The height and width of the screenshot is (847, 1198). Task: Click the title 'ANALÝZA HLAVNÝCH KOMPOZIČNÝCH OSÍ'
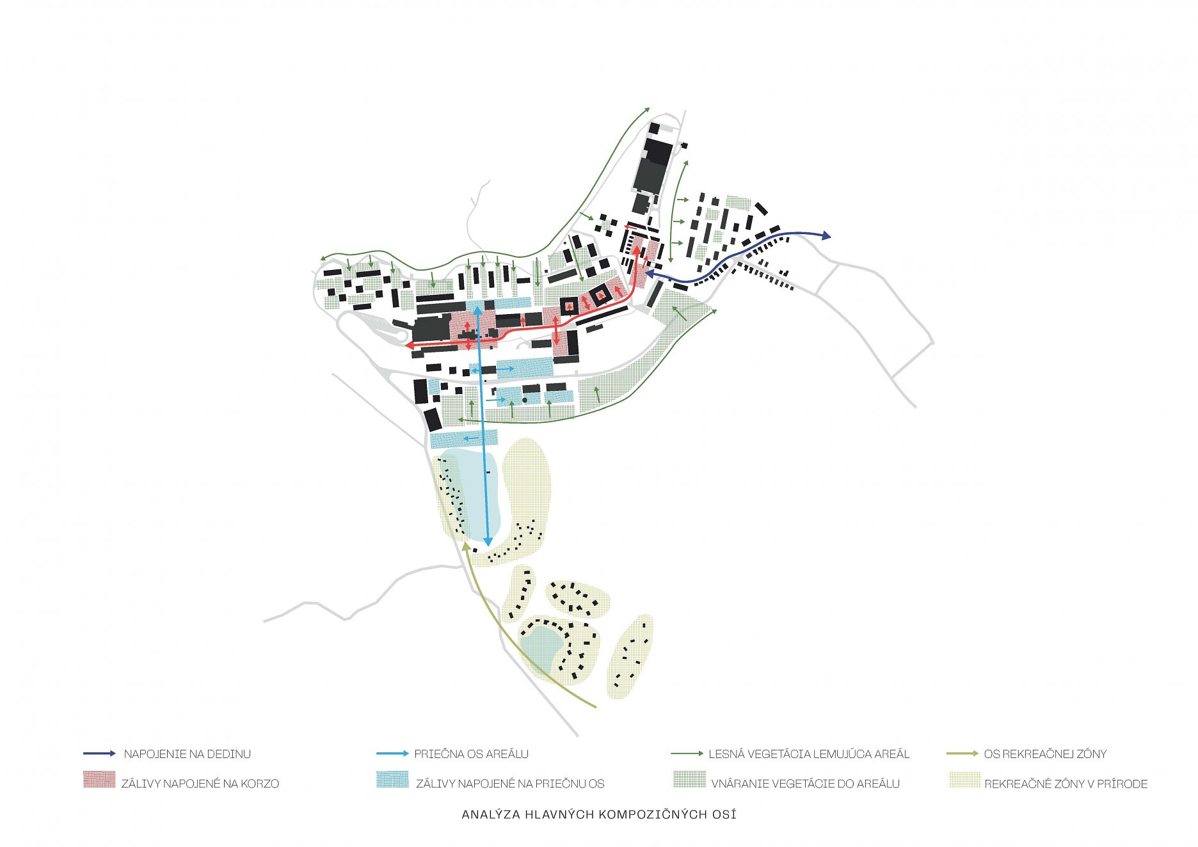[599, 814]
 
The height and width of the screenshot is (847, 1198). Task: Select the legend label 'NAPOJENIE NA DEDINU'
[188, 754]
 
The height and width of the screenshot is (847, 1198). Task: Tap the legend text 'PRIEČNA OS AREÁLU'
[472, 754]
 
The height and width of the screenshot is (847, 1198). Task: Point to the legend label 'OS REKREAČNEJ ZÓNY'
[1046, 754]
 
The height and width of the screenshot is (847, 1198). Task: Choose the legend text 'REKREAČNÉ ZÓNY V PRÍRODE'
[1066, 784]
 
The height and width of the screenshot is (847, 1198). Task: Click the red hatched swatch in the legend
[99, 780]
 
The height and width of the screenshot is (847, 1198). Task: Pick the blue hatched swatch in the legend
[392, 780]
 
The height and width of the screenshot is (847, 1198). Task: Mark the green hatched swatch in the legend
[689, 780]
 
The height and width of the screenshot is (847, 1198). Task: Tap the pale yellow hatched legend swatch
[964, 780]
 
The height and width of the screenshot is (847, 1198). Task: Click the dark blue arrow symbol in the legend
[100, 754]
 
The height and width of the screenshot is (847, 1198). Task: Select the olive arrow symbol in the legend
[962, 754]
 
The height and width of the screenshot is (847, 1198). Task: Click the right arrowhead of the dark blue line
[826, 236]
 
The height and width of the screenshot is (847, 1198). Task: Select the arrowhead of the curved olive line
[466, 546]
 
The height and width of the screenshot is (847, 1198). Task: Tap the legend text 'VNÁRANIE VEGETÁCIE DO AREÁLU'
[806, 784]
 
